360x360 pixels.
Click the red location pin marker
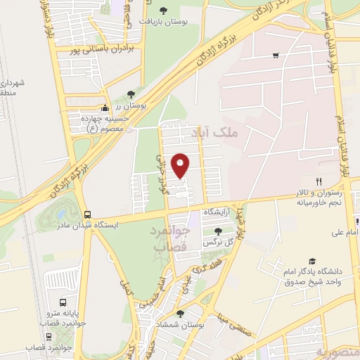coord(181,165)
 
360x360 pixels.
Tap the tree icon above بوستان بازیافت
coord(164,10)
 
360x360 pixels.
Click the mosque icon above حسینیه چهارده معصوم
coord(105,108)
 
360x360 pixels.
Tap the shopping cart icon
coord(276,55)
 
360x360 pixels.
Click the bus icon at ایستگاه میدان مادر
coord(87,214)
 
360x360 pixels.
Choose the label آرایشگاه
coord(218,212)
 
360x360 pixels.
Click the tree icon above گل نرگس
coord(219,230)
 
